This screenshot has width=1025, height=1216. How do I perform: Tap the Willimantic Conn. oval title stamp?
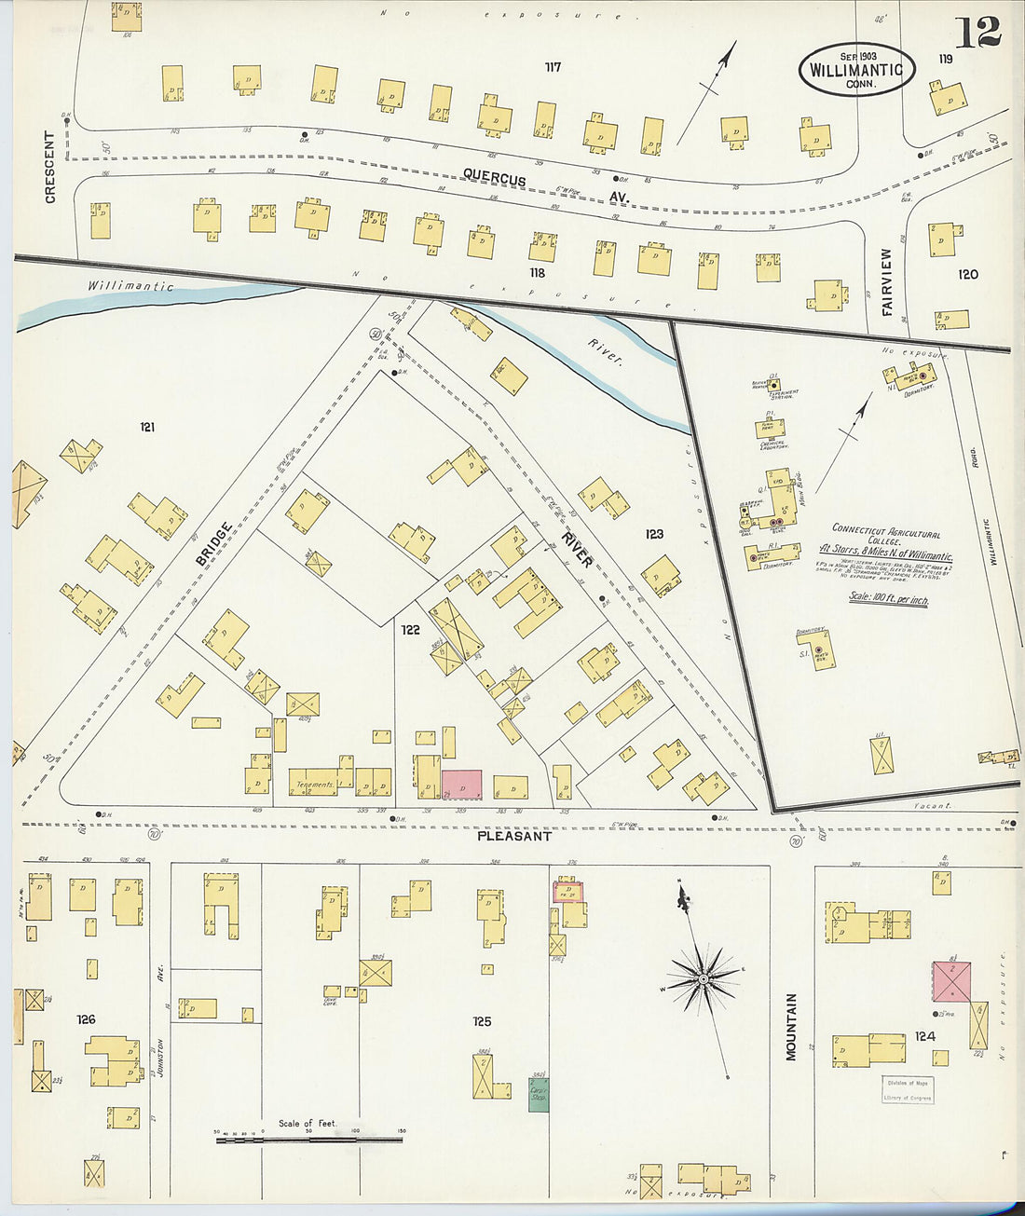[855, 70]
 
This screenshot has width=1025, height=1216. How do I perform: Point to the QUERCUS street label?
[495, 180]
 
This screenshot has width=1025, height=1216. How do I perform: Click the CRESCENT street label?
[49, 167]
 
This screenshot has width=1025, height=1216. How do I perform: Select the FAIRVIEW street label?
[887, 280]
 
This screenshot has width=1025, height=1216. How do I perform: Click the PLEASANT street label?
[513, 836]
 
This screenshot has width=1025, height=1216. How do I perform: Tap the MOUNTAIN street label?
[791, 1026]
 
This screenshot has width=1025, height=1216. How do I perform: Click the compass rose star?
[704, 980]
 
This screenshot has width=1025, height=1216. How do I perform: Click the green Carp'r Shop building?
[539, 1094]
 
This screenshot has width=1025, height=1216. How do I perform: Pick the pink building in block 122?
[461, 784]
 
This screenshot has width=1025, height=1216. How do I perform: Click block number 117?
[553, 67]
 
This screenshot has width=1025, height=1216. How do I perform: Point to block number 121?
[147, 428]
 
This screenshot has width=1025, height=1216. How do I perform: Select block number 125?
[481, 1021]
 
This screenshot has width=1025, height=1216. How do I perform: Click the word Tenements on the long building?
[315, 785]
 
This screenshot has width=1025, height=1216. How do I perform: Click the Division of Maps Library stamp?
[908, 1089]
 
